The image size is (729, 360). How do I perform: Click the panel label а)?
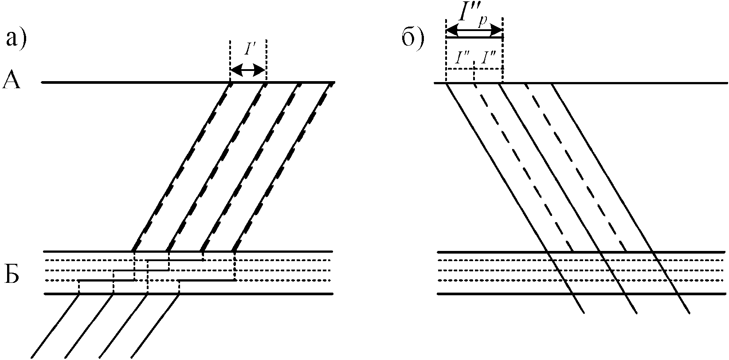click(16, 39)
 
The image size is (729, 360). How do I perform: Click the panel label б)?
click(413, 39)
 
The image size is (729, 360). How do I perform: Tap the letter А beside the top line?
click(12, 82)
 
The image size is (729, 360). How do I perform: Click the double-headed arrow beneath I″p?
click(474, 31)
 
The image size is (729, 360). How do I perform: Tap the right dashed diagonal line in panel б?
click(576, 168)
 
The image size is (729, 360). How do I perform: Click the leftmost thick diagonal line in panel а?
click(182, 167)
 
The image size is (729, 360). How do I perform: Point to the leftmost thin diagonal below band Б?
click(55, 326)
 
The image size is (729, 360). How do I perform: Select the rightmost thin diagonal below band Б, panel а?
click(155, 326)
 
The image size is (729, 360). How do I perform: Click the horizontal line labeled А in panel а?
click(133, 82)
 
